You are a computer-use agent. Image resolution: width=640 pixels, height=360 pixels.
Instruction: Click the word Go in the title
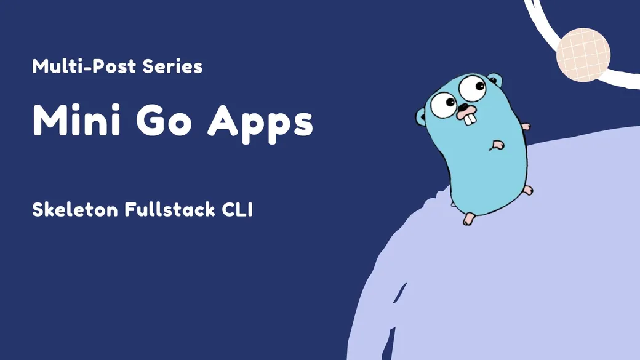pyautogui.click(x=164, y=121)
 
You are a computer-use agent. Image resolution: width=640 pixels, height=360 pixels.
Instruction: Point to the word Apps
pyautogui.click(x=260, y=124)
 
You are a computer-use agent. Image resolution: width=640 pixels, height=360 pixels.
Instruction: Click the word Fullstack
pyautogui.click(x=170, y=209)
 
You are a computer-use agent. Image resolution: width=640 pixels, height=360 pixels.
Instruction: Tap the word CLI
pyautogui.click(x=237, y=209)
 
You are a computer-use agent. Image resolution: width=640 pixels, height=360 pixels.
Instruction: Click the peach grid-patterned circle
pyautogui.click(x=583, y=55)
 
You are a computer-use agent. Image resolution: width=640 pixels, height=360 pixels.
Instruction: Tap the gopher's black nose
pyautogui.click(x=464, y=108)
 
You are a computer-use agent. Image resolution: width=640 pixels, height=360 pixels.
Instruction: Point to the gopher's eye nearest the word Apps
pyautogui.click(x=444, y=104)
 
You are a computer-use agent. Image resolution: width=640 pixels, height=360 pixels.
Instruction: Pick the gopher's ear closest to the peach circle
pyautogui.click(x=495, y=79)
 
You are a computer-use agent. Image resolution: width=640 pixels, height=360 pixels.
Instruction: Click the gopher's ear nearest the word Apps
pyautogui.click(x=421, y=117)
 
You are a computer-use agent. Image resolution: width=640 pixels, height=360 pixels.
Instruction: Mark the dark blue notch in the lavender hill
pyautogui.click(x=401, y=293)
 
